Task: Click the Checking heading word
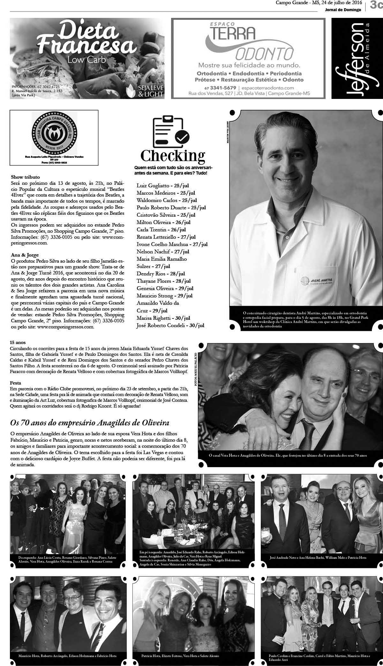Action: click(x=173, y=156)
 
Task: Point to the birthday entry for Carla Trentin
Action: click(x=161, y=229)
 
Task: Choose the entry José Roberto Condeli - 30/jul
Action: click(x=170, y=326)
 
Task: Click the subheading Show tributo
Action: click(x=26, y=177)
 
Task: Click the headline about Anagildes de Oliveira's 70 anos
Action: click(x=90, y=423)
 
